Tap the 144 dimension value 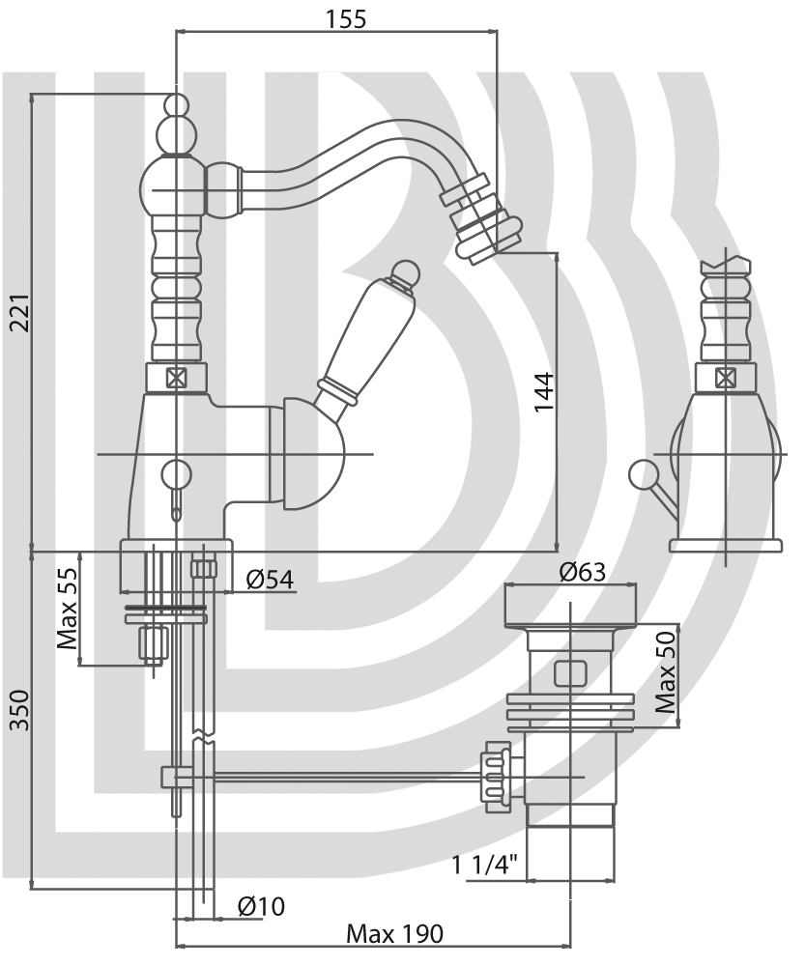point(544,392)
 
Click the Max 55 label point(68,609)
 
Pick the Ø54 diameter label point(270,579)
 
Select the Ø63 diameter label point(583,572)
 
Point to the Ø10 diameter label point(261,906)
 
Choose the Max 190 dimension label point(394,934)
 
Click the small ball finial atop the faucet point(176,104)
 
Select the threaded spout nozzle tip point(471,218)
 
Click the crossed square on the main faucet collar point(177,377)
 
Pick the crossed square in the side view point(725,377)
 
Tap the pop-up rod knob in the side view point(641,474)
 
